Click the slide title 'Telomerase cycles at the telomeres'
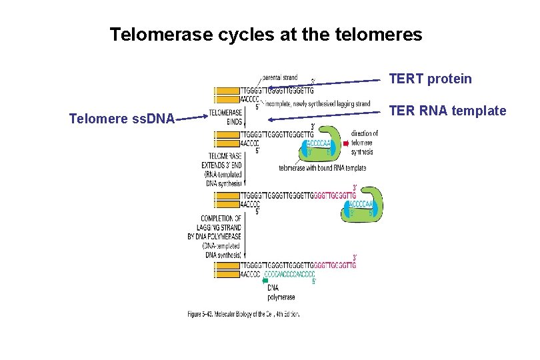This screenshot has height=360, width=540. coord(265,34)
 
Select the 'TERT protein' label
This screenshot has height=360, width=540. coord(430,79)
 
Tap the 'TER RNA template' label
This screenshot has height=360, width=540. coord(447,111)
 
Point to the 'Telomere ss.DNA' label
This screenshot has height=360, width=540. coord(122,119)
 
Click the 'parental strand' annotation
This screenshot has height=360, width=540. coord(280,77)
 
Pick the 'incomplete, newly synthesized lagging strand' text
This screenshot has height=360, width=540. coord(317,104)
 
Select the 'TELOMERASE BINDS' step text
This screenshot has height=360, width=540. coord(225,117)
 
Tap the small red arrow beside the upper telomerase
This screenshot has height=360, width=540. coord(345,143)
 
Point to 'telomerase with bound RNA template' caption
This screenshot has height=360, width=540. coord(322,168)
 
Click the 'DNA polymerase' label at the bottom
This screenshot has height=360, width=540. coord(281,292)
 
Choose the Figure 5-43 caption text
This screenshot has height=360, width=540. coord(243,314)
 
